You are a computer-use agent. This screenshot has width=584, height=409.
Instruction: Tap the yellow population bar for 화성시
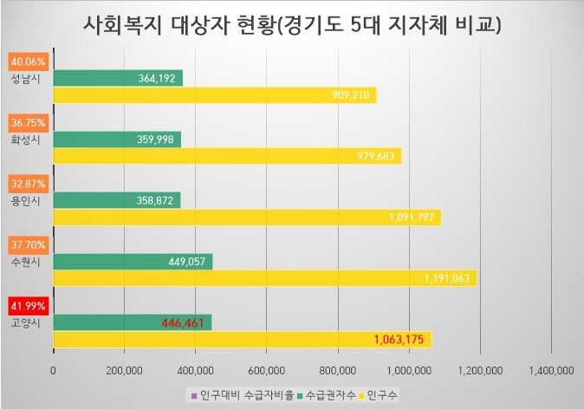[x=225, y=156]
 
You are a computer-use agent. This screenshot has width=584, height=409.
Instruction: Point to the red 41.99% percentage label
[x=29, y=306]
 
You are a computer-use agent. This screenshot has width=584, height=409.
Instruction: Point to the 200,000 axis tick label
[x=125, y=371]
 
